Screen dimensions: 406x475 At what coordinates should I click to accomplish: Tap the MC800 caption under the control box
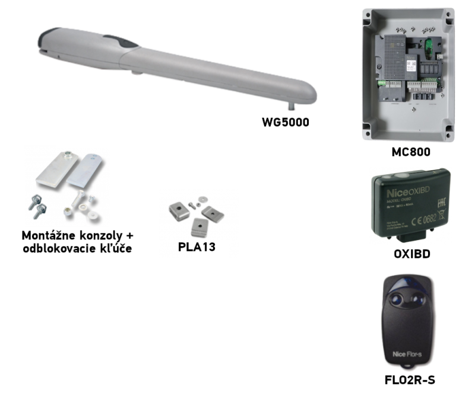(x=410, y=152)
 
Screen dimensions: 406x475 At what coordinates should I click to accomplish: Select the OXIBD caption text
(x=411, y=254)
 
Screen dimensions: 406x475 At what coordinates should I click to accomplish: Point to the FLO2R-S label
(x=410, y=380)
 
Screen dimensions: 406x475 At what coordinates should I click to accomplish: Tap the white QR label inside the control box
(x=410, y=67)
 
